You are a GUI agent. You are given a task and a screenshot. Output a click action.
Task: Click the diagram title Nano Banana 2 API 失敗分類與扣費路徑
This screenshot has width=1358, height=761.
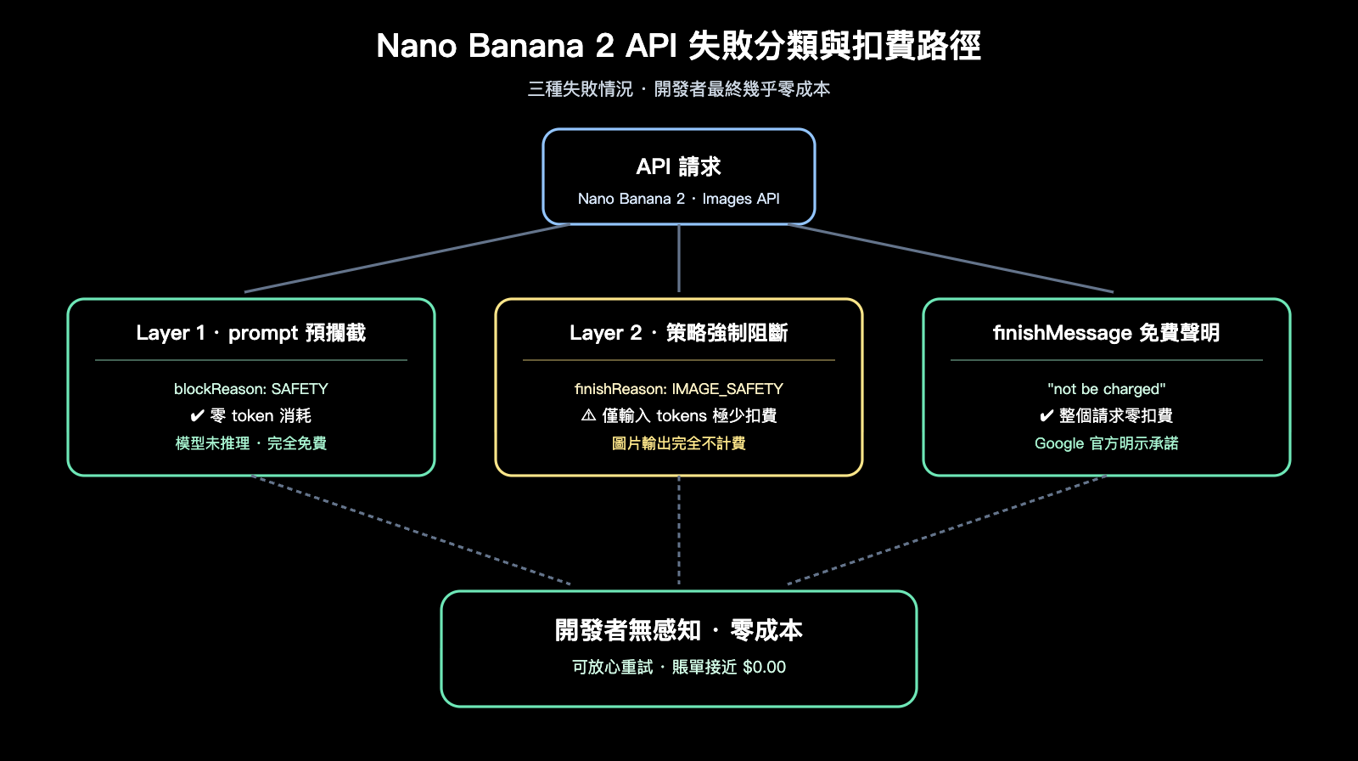(x=678, y=46)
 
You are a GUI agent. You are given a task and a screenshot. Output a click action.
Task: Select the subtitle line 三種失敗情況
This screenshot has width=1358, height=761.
(x=581, y=89)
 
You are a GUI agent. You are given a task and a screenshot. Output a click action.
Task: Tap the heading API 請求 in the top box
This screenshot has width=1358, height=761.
(x=678, y=166)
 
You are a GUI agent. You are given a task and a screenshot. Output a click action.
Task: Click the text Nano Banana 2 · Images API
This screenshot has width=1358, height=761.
(x=678, y=199)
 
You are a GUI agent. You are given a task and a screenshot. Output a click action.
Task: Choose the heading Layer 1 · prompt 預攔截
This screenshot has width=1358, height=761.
(x=250, y=333)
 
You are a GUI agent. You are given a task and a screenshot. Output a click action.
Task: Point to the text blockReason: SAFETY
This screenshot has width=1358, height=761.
(x=250, y=389)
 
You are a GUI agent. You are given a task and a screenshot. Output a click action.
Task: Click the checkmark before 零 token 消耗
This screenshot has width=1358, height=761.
(x=197, y=416)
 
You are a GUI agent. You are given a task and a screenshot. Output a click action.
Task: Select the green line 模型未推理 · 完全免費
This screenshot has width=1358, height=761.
(x=250, y=443)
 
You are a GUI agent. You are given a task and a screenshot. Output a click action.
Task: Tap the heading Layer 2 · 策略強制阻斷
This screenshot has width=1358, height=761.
(x=678, y=333)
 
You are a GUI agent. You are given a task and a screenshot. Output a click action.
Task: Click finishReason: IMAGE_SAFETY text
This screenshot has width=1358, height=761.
(x=678, y=389)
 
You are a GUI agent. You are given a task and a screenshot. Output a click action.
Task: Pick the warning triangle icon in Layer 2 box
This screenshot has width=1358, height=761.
(x=588, y=415)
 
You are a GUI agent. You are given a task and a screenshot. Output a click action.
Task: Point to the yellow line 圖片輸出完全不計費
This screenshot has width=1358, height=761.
(x=678, y=443)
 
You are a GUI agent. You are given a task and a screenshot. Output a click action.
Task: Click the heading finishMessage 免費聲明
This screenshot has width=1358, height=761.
(x=1106, y=333)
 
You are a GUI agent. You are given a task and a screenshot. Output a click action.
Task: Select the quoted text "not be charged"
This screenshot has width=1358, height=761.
(x=1106, y=389)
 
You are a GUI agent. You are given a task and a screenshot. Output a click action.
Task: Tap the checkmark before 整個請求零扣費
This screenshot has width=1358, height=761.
(x=1047, y=416)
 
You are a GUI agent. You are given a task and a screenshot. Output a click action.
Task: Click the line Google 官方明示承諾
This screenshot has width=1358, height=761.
(x=1106, y=443)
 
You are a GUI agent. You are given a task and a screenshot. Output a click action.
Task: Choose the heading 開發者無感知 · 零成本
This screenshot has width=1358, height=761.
(x=678, y=630)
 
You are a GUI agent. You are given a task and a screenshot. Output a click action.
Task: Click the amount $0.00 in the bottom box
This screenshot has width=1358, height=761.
(x=764, y=668)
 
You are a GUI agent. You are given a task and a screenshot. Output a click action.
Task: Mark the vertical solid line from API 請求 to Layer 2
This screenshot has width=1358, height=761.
(x=679, y=259)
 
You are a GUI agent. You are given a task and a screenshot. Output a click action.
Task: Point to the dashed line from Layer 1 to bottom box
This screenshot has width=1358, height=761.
(x=412, y=531)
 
